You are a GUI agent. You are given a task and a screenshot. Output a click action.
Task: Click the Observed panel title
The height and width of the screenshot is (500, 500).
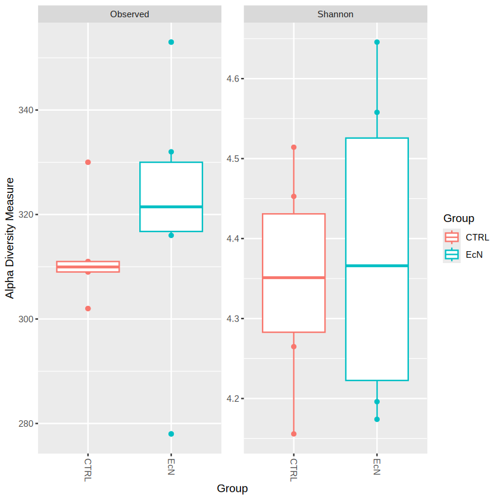(x=129, y=14)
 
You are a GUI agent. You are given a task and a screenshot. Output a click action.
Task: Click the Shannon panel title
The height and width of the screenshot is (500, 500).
(x=335, y=14)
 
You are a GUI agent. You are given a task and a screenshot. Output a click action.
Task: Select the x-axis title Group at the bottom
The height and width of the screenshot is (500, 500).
(x=232, y=489)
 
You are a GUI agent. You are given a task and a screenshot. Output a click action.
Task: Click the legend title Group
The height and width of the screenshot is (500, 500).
(x=458, y=218)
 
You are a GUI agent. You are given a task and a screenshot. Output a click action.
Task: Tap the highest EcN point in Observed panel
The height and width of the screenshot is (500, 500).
(x=171, y=42)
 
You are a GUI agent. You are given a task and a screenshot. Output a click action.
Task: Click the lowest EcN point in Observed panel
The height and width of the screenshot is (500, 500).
(x=171, y=434)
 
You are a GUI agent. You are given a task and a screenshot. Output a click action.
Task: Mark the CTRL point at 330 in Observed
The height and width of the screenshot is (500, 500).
(x=88, y=162)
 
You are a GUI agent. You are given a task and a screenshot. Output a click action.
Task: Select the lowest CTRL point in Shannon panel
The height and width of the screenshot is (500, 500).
(x=293, y=434)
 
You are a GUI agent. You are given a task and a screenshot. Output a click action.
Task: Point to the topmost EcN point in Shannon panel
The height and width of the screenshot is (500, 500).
(x=377, y=42)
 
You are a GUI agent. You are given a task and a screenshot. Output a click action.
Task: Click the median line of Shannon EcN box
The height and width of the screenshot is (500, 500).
(x=377, y=265)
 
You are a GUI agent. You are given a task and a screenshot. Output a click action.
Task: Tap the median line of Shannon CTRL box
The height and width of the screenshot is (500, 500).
(x=293, y=277)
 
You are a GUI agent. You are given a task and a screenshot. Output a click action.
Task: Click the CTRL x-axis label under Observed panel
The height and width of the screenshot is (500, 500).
(x=88, y=469)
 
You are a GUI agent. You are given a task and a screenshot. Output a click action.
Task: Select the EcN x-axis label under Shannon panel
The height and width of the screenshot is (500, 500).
(x=377, y=466)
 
